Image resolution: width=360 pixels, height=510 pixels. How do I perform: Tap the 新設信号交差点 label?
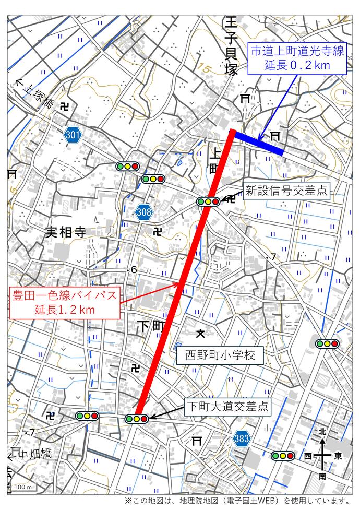pos(286,191)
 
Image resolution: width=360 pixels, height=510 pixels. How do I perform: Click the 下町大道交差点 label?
pos(228,406)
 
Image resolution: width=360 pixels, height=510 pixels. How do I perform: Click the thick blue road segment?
pos(258,143)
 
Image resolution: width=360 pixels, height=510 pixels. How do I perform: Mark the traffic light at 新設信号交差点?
pos(208,201)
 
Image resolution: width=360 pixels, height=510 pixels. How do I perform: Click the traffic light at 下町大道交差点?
pos(137,419)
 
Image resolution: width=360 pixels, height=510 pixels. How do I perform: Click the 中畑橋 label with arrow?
pos(30,455)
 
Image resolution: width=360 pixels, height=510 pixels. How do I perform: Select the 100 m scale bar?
pos(22,487)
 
